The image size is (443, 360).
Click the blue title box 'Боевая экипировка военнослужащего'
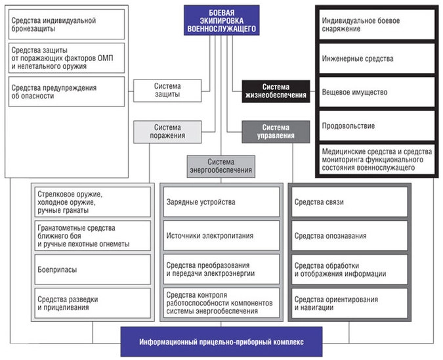tap(221, 20)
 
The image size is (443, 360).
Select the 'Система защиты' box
tap(167, 90)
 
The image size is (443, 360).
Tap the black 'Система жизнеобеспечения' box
tap(275, 91)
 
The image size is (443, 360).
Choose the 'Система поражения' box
tap(167, 131)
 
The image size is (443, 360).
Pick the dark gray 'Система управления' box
tap(275, 131)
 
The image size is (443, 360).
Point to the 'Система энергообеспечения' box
tap(221, 166)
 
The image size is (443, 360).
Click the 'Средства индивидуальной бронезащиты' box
tap(66, 24)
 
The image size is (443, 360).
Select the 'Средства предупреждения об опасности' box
tap(66, 91)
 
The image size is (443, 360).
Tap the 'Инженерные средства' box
tap(376, 58)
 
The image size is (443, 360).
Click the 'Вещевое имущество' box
tap(376, 92)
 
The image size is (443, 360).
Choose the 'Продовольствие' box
tap(376, 125)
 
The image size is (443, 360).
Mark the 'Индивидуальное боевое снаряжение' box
tap(376, 25)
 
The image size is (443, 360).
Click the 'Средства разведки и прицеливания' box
tap(93, 303)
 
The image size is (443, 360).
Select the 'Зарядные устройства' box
tap(221, 202)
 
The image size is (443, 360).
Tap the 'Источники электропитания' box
tap(221, 235)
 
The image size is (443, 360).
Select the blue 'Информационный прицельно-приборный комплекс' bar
tap(221, 343)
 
